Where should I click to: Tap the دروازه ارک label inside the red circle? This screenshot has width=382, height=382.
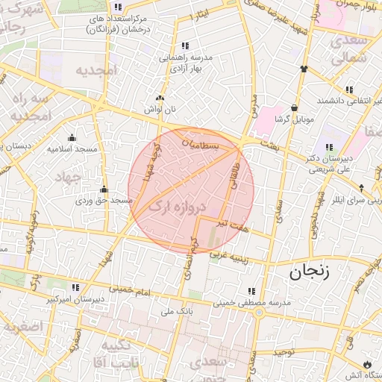click(177, 207)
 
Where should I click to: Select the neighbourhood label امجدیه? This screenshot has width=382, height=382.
click(97, 71)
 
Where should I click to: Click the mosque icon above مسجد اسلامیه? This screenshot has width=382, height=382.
click(72, 137)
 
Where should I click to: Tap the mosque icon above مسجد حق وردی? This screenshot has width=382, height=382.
click(103, 189)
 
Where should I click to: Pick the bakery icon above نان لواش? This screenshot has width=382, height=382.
click(159, 98)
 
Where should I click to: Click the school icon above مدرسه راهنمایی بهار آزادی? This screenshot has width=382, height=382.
click(184, 46)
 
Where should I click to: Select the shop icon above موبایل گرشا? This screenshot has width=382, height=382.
click(295, 107)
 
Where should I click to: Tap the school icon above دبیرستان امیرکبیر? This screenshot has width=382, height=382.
click(75, 287)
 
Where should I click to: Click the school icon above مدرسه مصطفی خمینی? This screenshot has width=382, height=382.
click(251, 291)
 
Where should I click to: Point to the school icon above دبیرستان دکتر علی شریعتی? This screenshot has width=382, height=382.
click(329, 146)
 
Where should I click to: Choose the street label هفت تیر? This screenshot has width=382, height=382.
click(231, 224)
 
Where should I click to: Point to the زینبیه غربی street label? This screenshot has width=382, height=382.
click(227, 256)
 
